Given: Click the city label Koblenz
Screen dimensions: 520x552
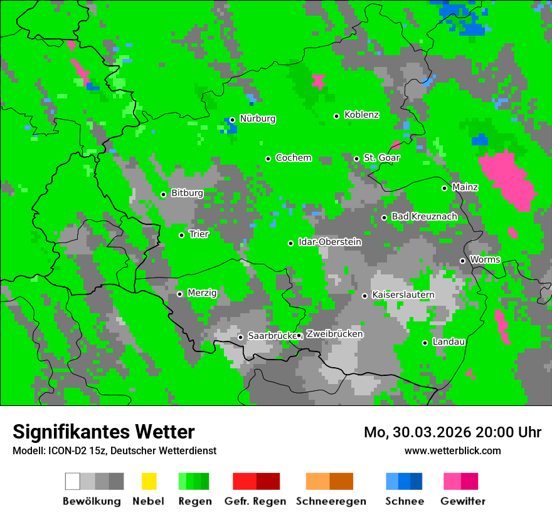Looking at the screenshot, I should click(361, 115).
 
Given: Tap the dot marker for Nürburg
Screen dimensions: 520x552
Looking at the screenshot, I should click(232, 120).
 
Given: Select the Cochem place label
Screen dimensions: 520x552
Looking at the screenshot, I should click(293, 158).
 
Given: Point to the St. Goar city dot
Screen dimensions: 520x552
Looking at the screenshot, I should click(357, 159).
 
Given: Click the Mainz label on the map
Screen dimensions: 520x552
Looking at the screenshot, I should click(465, 187).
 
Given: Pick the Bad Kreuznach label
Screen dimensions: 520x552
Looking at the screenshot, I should click(424, 217).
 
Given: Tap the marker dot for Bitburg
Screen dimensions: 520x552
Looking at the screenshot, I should click(164, 194).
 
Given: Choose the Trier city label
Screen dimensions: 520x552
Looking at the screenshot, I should click(199, 234).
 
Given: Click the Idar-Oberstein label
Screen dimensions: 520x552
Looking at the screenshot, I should click(329, 242).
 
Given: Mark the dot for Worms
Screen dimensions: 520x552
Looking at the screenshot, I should click(463, 261).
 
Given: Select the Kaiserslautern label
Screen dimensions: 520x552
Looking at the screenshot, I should click(403, 294).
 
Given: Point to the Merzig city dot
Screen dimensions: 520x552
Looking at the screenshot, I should click(180, 294).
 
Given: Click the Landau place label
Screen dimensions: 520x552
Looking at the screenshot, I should click(449, 342).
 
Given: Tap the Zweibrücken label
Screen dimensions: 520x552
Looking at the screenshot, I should click(334, 335).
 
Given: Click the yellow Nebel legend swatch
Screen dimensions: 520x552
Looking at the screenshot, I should click(149, 481).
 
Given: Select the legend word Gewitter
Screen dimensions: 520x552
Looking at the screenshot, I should click(463, 501).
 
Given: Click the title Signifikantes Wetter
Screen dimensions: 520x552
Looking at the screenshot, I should click(103, 432).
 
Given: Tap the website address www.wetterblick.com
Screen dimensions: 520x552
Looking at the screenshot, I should click(453, 450).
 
